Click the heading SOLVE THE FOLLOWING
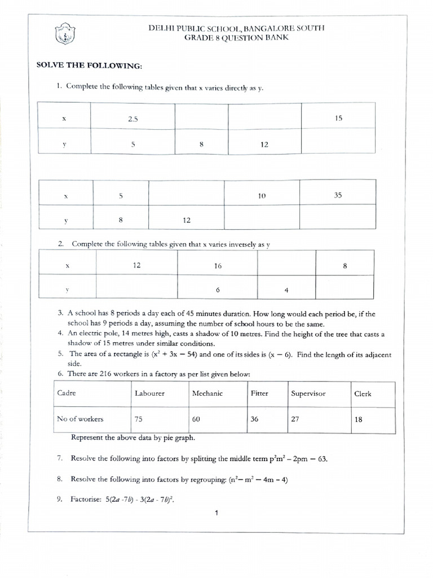pyautogui.click(x=90, y=66)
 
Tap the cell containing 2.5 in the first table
pyautogui.click(x=132, y=119)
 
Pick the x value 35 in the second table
pyautogui.click(x=337, y=195)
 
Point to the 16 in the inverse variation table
pyautogui.click(x=218, y=265)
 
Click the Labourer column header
pyautogui.click(x=149, y=393)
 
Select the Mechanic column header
pyautogui.click(x=207, y=393)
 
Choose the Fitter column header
pyautogui.click(x=259, y=393)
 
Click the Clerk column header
pyautogui.click(x=363, y=393)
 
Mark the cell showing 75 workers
pyautogui.click(x=139, y=419)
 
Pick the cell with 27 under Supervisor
pyautogui.click(x=295, y=419)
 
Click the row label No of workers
pyautogui.click(x=81, y=419)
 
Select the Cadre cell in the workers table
pyautogui.click(x=67, y=393)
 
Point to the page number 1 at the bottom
pyautogui.click(x=216, y=513)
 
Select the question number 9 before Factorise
pyautogui.click(x=59, y=499)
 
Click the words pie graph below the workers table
pyautogui.click(x=181, y=437)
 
